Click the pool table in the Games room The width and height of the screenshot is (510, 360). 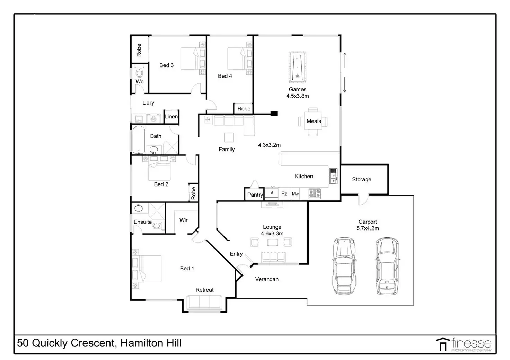tap(297, 67)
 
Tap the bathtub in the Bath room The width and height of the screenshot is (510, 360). tap(139, 139)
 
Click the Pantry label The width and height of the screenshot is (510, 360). tap(255, 195)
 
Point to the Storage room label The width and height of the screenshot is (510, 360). tap(361, 179)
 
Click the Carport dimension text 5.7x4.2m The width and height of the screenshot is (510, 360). tap(368, 228)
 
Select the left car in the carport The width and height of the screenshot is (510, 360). tap(344, 266)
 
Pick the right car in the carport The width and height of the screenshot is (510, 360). tap(387, 266)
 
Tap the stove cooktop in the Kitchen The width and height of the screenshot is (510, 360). tap(315, 193)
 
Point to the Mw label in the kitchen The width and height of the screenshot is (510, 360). tap(295, 194)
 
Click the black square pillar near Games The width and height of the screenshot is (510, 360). tap(274, 113)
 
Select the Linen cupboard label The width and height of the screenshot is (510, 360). tap(171, 117)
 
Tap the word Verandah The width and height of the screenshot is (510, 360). tap(267, 279)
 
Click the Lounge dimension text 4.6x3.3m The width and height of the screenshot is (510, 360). tap(272, 234)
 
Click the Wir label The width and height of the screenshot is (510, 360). tap(183, 220)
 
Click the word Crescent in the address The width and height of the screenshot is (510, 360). tap(93, 343)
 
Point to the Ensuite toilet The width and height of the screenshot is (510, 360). tap(157, 226)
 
